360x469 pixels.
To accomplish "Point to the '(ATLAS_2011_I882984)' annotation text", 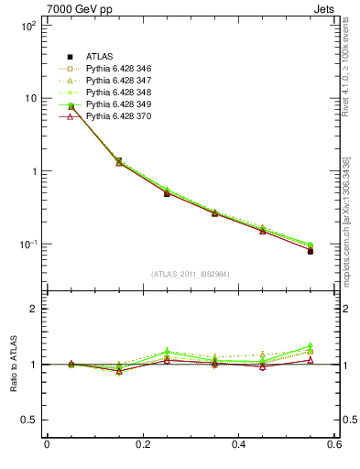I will pyautogui.click(x=191, y=274).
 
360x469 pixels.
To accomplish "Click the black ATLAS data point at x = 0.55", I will pyautogui.click(x=311, y=250).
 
